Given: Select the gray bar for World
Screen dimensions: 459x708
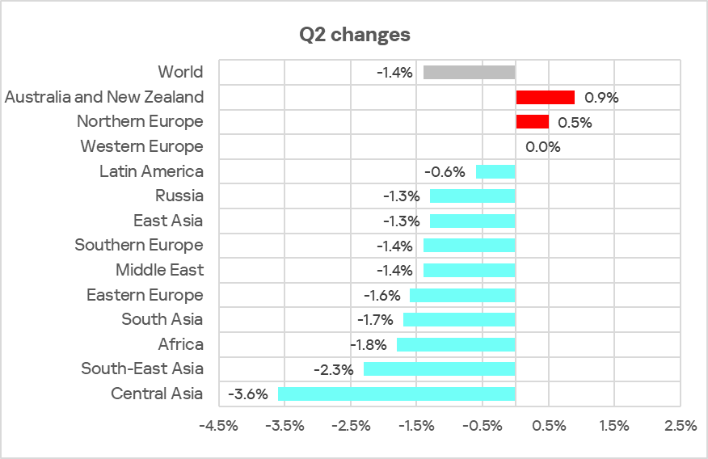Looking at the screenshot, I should click(x=469, y=73).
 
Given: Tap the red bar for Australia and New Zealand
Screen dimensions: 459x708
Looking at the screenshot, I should click(x=545, y=98).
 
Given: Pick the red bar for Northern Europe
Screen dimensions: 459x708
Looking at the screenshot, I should click(x=532, y=122).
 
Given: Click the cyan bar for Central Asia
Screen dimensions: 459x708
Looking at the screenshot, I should click(x=396, y=394).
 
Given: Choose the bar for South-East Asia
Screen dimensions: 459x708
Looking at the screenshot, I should click(x=439, y=369).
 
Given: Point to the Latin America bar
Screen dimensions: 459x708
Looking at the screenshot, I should click(x=495, y=171).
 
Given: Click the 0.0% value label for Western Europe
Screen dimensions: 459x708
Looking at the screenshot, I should click(x=542, y=147).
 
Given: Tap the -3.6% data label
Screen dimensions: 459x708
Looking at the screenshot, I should click(x=247, y=394).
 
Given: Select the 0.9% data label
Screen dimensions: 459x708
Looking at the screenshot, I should click(x=601, y=98).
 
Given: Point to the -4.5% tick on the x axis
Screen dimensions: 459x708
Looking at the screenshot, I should click(x=219, y=426).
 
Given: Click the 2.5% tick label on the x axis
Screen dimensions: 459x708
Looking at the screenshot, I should click(x=679, y=426).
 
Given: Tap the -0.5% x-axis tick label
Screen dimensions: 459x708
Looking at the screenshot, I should click(x=483, y=426).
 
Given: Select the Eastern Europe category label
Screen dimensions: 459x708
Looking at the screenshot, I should click(x=145, y=295).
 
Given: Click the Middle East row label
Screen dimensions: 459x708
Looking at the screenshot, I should click(x=159, y=270).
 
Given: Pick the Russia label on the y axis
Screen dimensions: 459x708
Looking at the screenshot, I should click(x=179, y=196).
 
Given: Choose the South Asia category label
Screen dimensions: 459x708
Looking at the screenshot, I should click(x=162, y=320).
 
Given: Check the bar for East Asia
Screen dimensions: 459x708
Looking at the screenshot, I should click(x=472, y=221).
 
